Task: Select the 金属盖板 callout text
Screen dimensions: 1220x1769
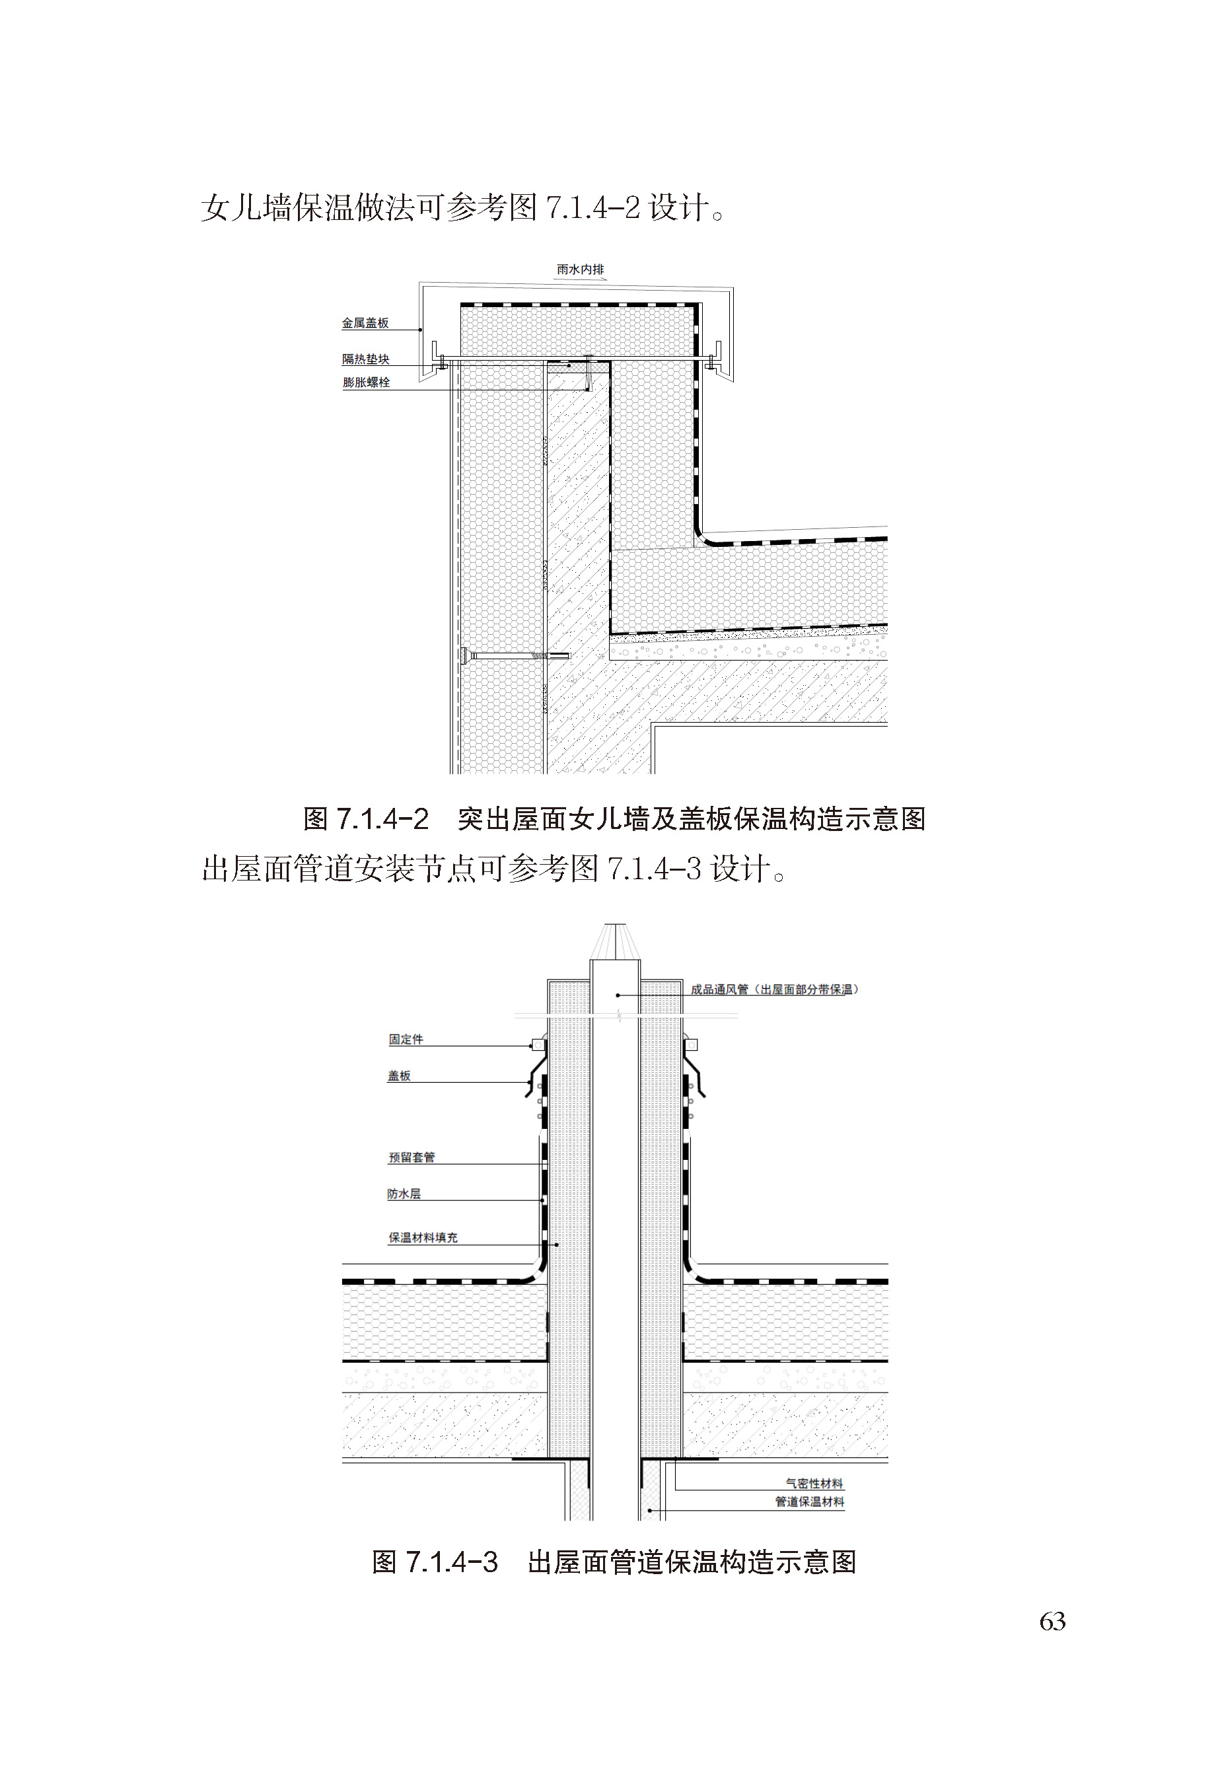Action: [x=365, y=324]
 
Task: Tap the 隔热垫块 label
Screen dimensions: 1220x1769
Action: [x=365, y=359]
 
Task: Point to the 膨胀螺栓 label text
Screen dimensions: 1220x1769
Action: [x=366, y=382]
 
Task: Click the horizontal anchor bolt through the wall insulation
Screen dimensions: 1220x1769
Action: [x=515, y=656]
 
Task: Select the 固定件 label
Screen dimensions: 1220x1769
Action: [x=406, y=1040]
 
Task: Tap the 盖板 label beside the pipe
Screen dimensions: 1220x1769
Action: [x=399, y=1075]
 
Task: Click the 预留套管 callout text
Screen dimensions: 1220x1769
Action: [x=412, y=1157]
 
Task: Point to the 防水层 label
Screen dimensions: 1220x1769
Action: [x=404, y=1194]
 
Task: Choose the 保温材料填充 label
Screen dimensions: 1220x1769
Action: [x=423, y=1238]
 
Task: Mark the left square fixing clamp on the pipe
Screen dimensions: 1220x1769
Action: [x=538, y=1044]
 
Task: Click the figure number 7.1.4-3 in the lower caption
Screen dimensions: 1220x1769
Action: [x=452, y=1562]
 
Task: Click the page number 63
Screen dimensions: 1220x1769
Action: [x=1053, y=1622]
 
